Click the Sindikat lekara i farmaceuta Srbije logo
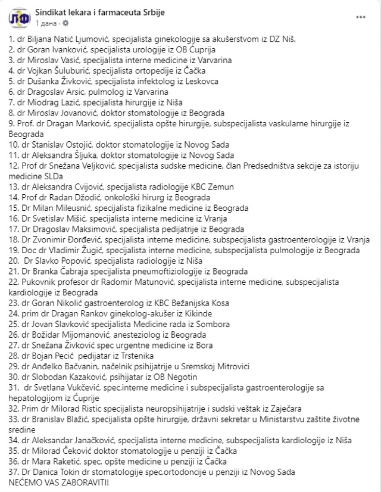17,18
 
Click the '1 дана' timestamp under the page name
48,23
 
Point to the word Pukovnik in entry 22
32,282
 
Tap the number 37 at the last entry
14,472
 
